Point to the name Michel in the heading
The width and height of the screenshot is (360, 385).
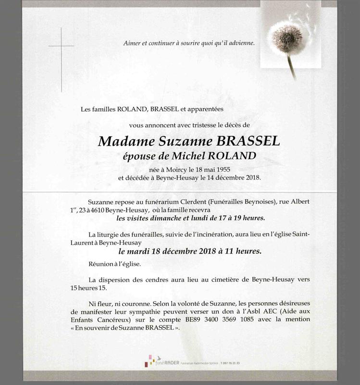pyautogui.click(x=192, y=156)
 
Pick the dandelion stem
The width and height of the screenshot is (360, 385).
pyautogui.click(x=291, y=65)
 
